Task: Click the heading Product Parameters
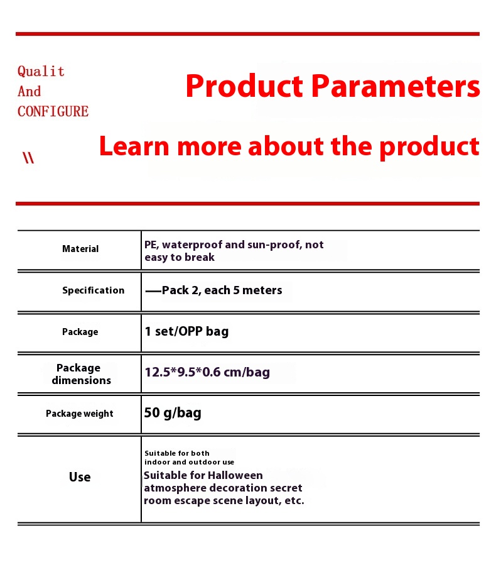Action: (x=333, y=86)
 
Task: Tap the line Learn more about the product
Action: (x=289, y=146)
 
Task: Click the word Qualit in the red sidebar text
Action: (x=41, y=72)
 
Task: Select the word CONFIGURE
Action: (x=53, y=111)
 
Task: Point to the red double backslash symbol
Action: (x=28, y=158)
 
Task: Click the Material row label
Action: (x=80, y=249)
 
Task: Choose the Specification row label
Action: (x=94, y=290)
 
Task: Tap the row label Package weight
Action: (x=80, y=414)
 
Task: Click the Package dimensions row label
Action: (x=81, y=374)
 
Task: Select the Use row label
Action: (x=80, y=477)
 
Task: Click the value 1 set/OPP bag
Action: (x=186, y=331)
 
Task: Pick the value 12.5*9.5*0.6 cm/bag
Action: (x=207, y=372)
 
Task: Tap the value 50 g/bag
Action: (x=173, y=413)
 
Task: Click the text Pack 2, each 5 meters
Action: (x=222, y=290)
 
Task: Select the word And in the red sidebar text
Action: (x=29, y=91)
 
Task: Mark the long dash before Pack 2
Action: (x=153, y=291)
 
